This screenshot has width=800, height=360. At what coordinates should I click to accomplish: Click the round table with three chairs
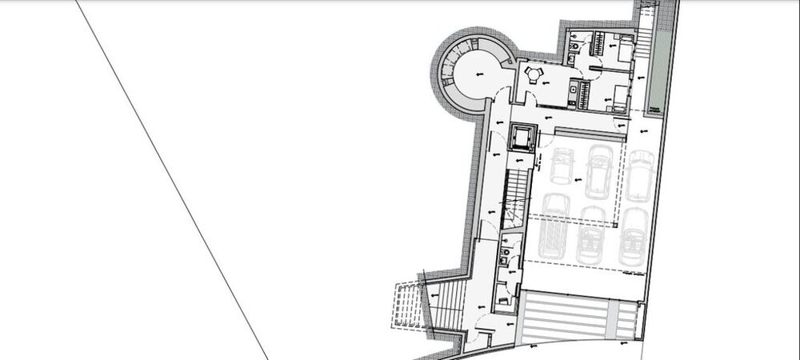click(x=534, y=75)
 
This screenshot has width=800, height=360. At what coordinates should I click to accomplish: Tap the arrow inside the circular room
click(x=478, y=74)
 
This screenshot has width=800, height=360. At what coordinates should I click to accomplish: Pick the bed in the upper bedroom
click(x=622, y=49)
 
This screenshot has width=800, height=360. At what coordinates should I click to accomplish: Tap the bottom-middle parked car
click(x=593, y=234)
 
